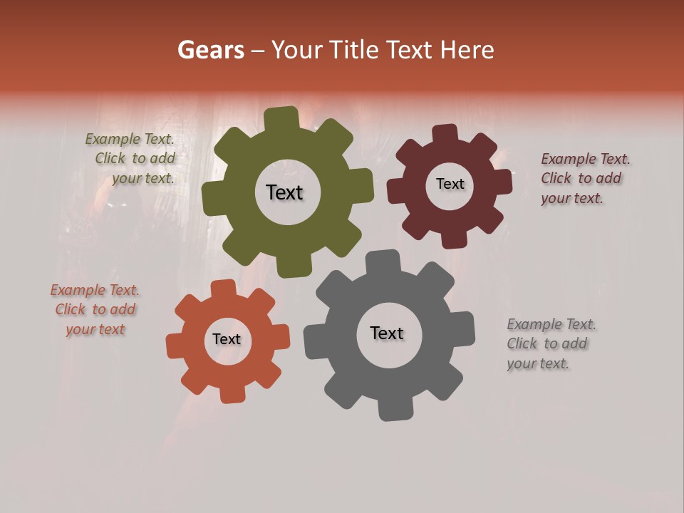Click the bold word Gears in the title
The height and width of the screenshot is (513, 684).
(x=210, y=50)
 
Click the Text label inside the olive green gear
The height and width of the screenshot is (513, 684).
(x=284, y=192)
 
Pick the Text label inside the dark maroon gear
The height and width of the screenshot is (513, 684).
(x=450, y=184)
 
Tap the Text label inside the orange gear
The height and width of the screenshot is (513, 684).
(x=227, y=339)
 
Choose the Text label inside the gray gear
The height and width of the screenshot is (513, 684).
(x=387, y=333)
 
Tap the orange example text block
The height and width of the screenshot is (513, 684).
(x=95, y=310)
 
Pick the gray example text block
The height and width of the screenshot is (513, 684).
(x=550, y=343)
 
